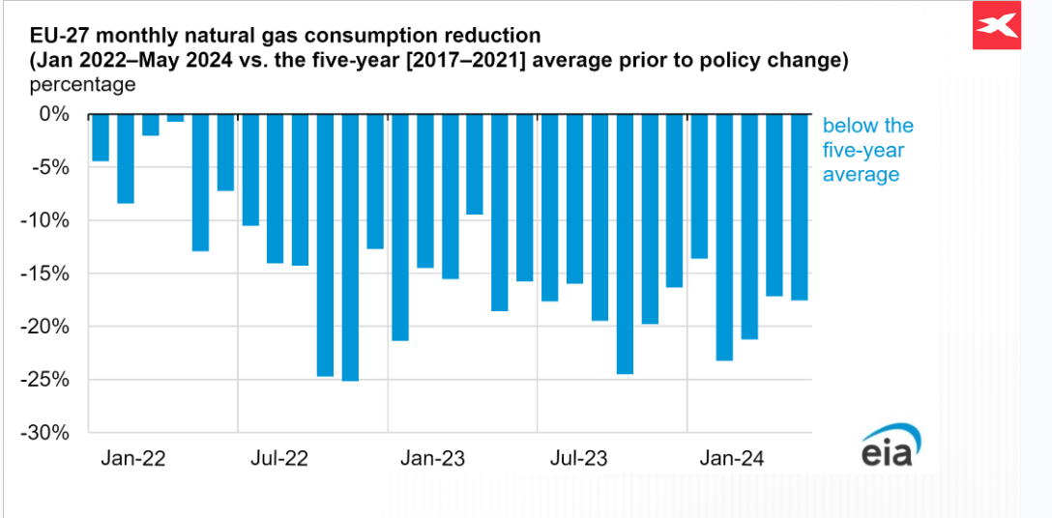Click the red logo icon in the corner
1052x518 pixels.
point(997,26)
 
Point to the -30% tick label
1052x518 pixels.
point(47,433)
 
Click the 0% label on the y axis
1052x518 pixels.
point(56,114)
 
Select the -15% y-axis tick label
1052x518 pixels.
point(47,273)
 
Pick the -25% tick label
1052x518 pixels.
point(47,380)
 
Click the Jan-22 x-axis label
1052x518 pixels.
point(132,458)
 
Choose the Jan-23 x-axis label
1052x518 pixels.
point(432,458)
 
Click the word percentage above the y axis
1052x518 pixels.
point(82,84)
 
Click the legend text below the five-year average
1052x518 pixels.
point(867,150)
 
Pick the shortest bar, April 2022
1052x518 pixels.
point(175,118)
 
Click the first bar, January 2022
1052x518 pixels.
point(100,137)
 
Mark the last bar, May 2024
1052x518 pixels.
point(800,207)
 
